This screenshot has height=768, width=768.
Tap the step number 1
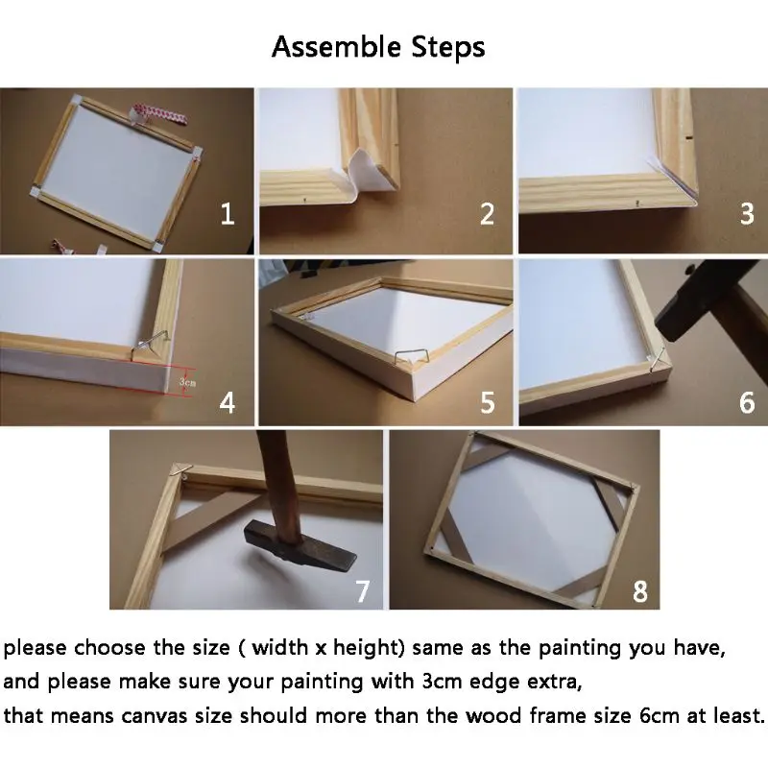227,214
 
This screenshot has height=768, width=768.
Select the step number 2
487,214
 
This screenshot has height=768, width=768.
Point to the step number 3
747,214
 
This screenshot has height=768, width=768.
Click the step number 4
227,402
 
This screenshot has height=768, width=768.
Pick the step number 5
488,402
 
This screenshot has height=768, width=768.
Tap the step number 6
747,402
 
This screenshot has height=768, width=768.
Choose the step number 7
362,591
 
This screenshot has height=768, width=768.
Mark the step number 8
640,591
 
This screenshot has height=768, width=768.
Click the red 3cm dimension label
187,381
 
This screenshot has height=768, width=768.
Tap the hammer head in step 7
300,546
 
